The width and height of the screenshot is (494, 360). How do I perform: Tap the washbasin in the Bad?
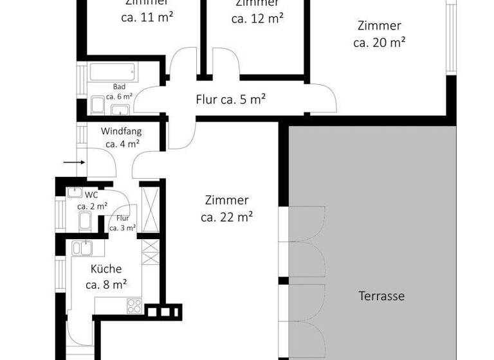pos(121,109)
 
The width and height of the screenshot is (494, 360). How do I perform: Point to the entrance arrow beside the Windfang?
pos(74,163)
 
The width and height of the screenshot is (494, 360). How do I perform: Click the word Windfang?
pos(122,131)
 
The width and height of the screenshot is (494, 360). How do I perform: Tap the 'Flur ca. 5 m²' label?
pos(231,100)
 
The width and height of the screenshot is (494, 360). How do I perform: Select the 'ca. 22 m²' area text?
pos(226,217)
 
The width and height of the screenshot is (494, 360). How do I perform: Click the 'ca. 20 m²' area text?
pos(379,42)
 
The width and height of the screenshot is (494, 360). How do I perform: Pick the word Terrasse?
pos(381,296)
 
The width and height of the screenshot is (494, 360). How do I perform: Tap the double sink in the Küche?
pos(83,248)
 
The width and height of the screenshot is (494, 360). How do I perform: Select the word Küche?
pos(105,269)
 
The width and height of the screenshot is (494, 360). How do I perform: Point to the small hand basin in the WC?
pos(73,192)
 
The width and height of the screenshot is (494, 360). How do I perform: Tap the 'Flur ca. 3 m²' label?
pos(122,223)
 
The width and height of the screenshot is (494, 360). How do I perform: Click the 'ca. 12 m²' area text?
pos(257,18)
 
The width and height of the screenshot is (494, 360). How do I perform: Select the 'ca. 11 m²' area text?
pos(147,18)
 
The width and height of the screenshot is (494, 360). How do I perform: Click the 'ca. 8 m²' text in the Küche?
pos(105,283)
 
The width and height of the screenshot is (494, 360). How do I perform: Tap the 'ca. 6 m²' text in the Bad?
pos(119,96)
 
